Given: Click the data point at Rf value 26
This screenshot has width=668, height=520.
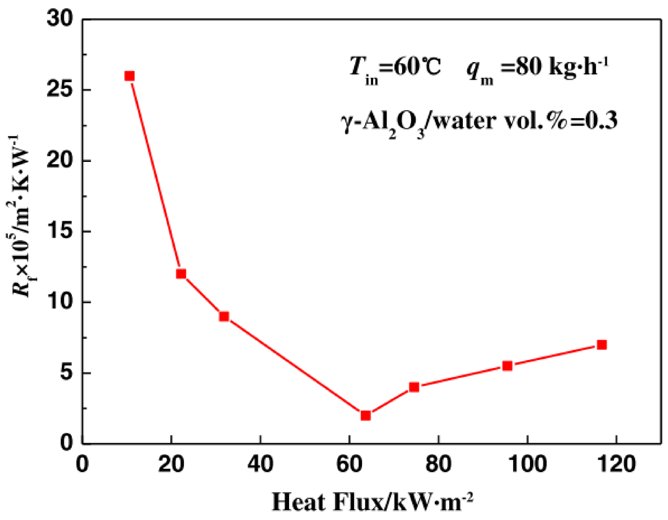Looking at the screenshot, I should tap(129, 76).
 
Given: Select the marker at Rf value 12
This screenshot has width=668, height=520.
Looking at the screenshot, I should tap(181, 274).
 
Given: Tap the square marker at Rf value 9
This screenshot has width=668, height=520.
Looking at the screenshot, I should tap(224, 316).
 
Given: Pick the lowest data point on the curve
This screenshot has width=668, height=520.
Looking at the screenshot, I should tap(366, 415).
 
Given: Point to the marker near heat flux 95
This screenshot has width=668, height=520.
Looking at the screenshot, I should tap(507, 366).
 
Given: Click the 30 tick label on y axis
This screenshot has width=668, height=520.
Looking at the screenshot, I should tap(60, 18).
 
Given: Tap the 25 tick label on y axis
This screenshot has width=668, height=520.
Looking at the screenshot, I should tap(60, 89).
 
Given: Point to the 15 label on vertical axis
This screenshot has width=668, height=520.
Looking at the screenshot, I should tap(60, 231).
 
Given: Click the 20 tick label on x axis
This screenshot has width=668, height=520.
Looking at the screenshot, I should tap(171, 464).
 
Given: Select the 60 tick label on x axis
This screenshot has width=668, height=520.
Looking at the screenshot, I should tap(349, 464).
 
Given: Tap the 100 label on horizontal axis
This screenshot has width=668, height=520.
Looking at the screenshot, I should tap(527, 464).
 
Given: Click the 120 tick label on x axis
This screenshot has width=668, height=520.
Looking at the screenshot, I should tap(616, 464).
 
